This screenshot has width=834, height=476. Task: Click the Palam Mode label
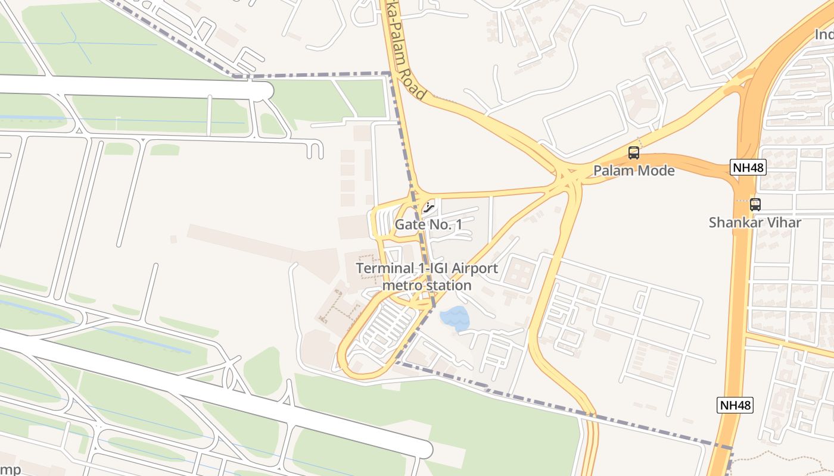(x=634, y=171)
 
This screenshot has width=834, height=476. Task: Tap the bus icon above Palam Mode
(x=634, y=153)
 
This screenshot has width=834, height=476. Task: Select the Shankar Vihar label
(x=755, y=223)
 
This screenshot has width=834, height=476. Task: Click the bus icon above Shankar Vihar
(x=755, y=205)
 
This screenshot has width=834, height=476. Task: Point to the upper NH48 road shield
(x=748, y=167)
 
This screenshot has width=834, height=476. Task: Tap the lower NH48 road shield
(x=736, y=405)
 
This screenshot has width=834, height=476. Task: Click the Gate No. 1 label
(x=428, y=224)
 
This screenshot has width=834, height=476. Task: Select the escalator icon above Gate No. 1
(x=428, y=208)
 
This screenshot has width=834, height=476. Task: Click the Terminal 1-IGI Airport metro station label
(x=427, y=277)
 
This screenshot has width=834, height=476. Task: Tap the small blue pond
(x=455, y=318)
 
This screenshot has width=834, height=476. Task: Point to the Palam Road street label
(x=405, y=59)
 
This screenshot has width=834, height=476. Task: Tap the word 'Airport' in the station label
(x=475, y=268)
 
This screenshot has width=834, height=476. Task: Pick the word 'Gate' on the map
(x=407, y=224)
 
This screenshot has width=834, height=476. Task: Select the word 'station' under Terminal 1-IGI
(x=447, y=286)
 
